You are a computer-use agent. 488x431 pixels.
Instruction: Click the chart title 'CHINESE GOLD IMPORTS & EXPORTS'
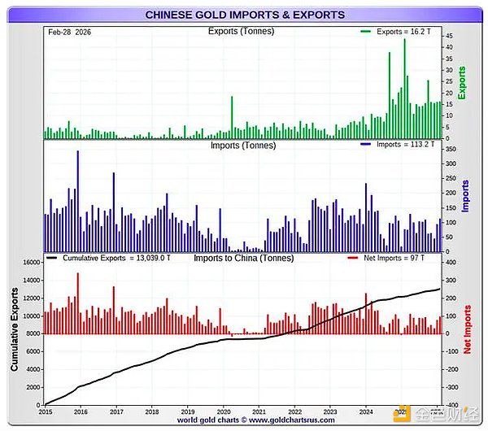tap(244, 15)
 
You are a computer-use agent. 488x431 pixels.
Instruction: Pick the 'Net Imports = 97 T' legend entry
tap(399, 258)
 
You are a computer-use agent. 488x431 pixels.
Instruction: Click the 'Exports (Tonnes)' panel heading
tap(241, 32)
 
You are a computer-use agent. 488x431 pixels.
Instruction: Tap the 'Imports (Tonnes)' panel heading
tap(243, 146)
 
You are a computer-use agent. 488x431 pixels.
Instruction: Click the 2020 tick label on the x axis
tap(224, 411)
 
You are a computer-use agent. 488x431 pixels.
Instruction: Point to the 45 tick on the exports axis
tap(448, 36)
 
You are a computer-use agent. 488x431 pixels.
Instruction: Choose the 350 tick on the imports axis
tap(450, 150)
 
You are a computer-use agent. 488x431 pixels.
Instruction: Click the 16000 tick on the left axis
tap(29, 263)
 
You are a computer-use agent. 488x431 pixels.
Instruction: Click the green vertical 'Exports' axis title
tap(462, 83)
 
